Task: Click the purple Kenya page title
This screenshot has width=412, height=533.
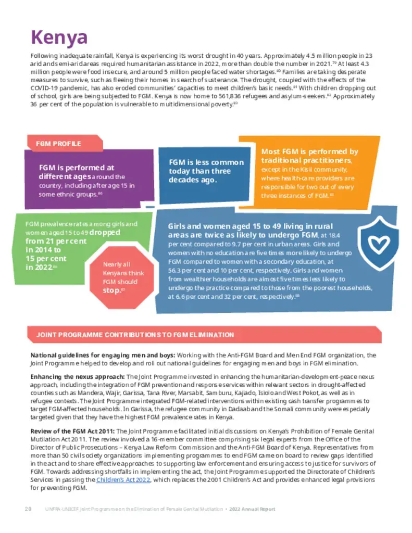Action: [59, 37]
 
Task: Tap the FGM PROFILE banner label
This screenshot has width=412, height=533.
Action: [58, 143]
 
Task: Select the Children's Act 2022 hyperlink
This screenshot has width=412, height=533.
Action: [123, 479]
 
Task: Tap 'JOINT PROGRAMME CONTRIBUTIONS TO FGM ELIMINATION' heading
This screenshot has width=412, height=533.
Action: [135, 335]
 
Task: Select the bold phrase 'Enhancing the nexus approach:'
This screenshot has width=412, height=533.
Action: [78, 376]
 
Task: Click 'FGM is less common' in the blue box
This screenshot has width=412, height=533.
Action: [206, 162]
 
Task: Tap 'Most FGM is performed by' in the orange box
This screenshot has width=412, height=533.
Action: [309, 151]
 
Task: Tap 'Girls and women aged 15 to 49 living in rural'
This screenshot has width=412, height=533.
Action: [247, 226]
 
